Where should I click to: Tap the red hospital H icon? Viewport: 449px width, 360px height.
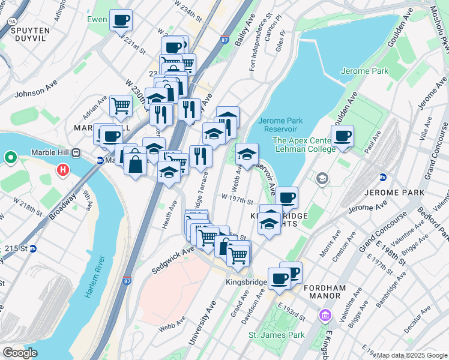(x=62, y=171)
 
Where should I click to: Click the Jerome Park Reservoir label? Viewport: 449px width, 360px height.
(x=280, y=125)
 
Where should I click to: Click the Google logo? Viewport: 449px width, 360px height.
(x=20, y=353)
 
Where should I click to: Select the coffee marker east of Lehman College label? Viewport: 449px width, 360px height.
(x=343, y=136)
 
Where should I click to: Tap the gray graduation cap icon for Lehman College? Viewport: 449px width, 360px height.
(x=323, y=178)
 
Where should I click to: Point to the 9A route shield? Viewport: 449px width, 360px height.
(x=12, y=21)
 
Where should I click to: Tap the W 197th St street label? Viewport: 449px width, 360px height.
(x=237, y=199)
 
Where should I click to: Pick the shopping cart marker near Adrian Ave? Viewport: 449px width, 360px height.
(x=121, y=106)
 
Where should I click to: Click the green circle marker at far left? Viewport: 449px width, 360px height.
(x=10, y=158)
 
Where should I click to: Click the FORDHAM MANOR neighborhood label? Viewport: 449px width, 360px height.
(x=325, y=288)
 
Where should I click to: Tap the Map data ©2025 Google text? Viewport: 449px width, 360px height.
(x=412, y=355)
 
